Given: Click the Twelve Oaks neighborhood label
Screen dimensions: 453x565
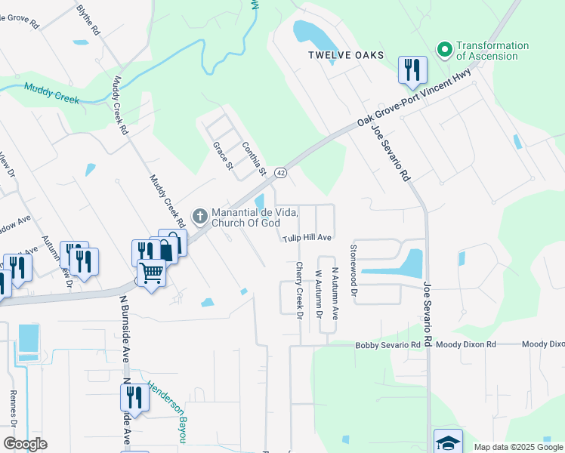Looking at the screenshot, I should pyautogui.click(x=346, y=56).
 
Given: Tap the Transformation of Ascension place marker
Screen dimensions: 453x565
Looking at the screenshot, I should pyautogui.click(x=444, y=50).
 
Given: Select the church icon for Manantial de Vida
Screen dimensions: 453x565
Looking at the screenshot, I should pyautogui.click(x=200, y=217).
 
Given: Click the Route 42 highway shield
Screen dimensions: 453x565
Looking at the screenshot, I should pyautogui.click(x=279, y=172).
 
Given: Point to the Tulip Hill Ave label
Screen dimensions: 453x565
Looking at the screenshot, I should pyautogui.click(x=308, y=238).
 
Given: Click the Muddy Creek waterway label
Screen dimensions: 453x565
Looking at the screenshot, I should pyautogui.click(x=51, y=94).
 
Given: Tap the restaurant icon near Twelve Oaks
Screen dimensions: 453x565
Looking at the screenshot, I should pyautogui.click(x=412, y=70).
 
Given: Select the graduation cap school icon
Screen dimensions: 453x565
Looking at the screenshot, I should pyautogui.click(x=448, y=442).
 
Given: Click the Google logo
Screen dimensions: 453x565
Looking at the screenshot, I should pyautogui.click(x=25, y=444).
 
